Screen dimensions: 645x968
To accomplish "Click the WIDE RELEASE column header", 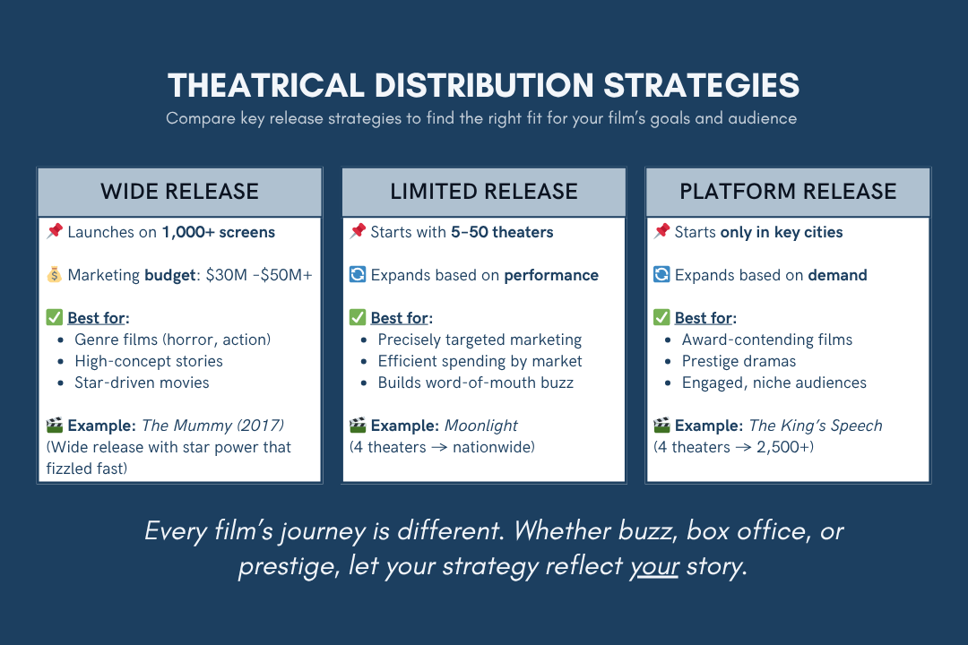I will click(179, 192).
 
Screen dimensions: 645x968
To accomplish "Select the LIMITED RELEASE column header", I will click(483, 192).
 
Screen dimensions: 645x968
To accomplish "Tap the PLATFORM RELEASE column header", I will click(788, 192).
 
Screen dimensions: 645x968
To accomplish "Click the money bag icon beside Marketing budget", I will click(55, 275).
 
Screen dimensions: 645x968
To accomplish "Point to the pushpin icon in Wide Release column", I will click(55, 232).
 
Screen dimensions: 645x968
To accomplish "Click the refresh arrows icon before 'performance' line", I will click(358, 275).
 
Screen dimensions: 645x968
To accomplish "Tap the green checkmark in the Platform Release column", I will click(661, 318).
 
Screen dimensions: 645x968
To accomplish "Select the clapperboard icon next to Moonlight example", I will click(358, 426).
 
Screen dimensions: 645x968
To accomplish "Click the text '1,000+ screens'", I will click(218, 232).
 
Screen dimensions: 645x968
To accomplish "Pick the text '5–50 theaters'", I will click(502, 232).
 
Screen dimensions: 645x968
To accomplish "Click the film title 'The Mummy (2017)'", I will click(212, 426).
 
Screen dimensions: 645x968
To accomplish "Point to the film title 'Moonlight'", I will click(481, 426).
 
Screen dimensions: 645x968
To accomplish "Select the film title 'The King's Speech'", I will click(816, 426).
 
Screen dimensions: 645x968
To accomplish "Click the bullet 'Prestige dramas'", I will click(739, 361).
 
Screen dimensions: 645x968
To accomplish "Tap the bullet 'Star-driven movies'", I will click(142, 383).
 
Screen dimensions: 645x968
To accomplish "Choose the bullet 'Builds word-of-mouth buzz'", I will click(475, 383).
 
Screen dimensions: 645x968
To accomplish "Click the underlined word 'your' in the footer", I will click(653, 568).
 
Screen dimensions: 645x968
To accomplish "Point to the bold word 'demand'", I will click(837, 275).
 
